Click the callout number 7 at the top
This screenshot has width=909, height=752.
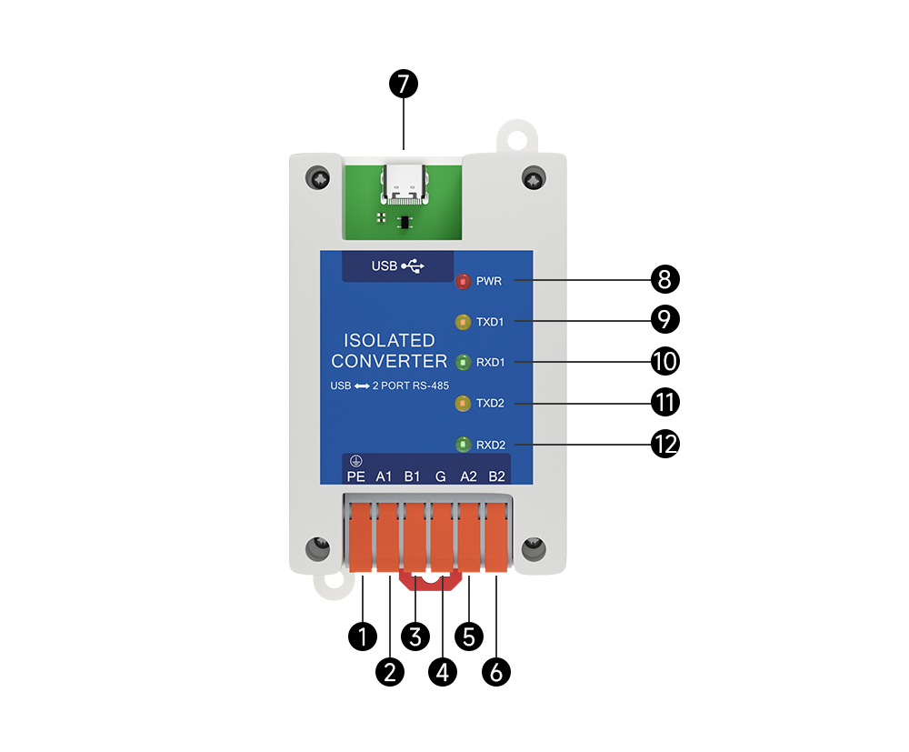pyautogui.click(x=404, y=85)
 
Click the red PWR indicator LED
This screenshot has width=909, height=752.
pyautogui.click(x=463, y=281)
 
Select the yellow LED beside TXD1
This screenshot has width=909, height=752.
pyautogui.click(x=463, y=322)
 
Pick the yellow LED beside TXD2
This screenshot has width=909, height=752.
pyautogui.click(x=463, y=402)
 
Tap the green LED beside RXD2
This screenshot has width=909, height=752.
pyautogui.click(x=463, y=445)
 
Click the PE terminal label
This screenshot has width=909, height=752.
pyautogui.click(x=355, y=476)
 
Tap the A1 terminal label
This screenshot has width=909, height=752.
pyautogui.click(x=384, y=476)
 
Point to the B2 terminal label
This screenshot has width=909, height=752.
pyautogui.click(x=496, y=476)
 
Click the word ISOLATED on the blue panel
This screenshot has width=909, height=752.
pyautogui.click(x=389, y=341)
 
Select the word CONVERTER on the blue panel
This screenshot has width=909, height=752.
pyautogui.click(x=389, y=362)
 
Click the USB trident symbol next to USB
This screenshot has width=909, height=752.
pyautogui.click(x=413, y=266)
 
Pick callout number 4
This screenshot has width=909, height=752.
pyautogui.click(x=443, y=673)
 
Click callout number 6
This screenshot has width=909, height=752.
pyautogui.click(x=496, y=673)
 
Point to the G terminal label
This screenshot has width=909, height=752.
pyautogui.click(x=441, y=476)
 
